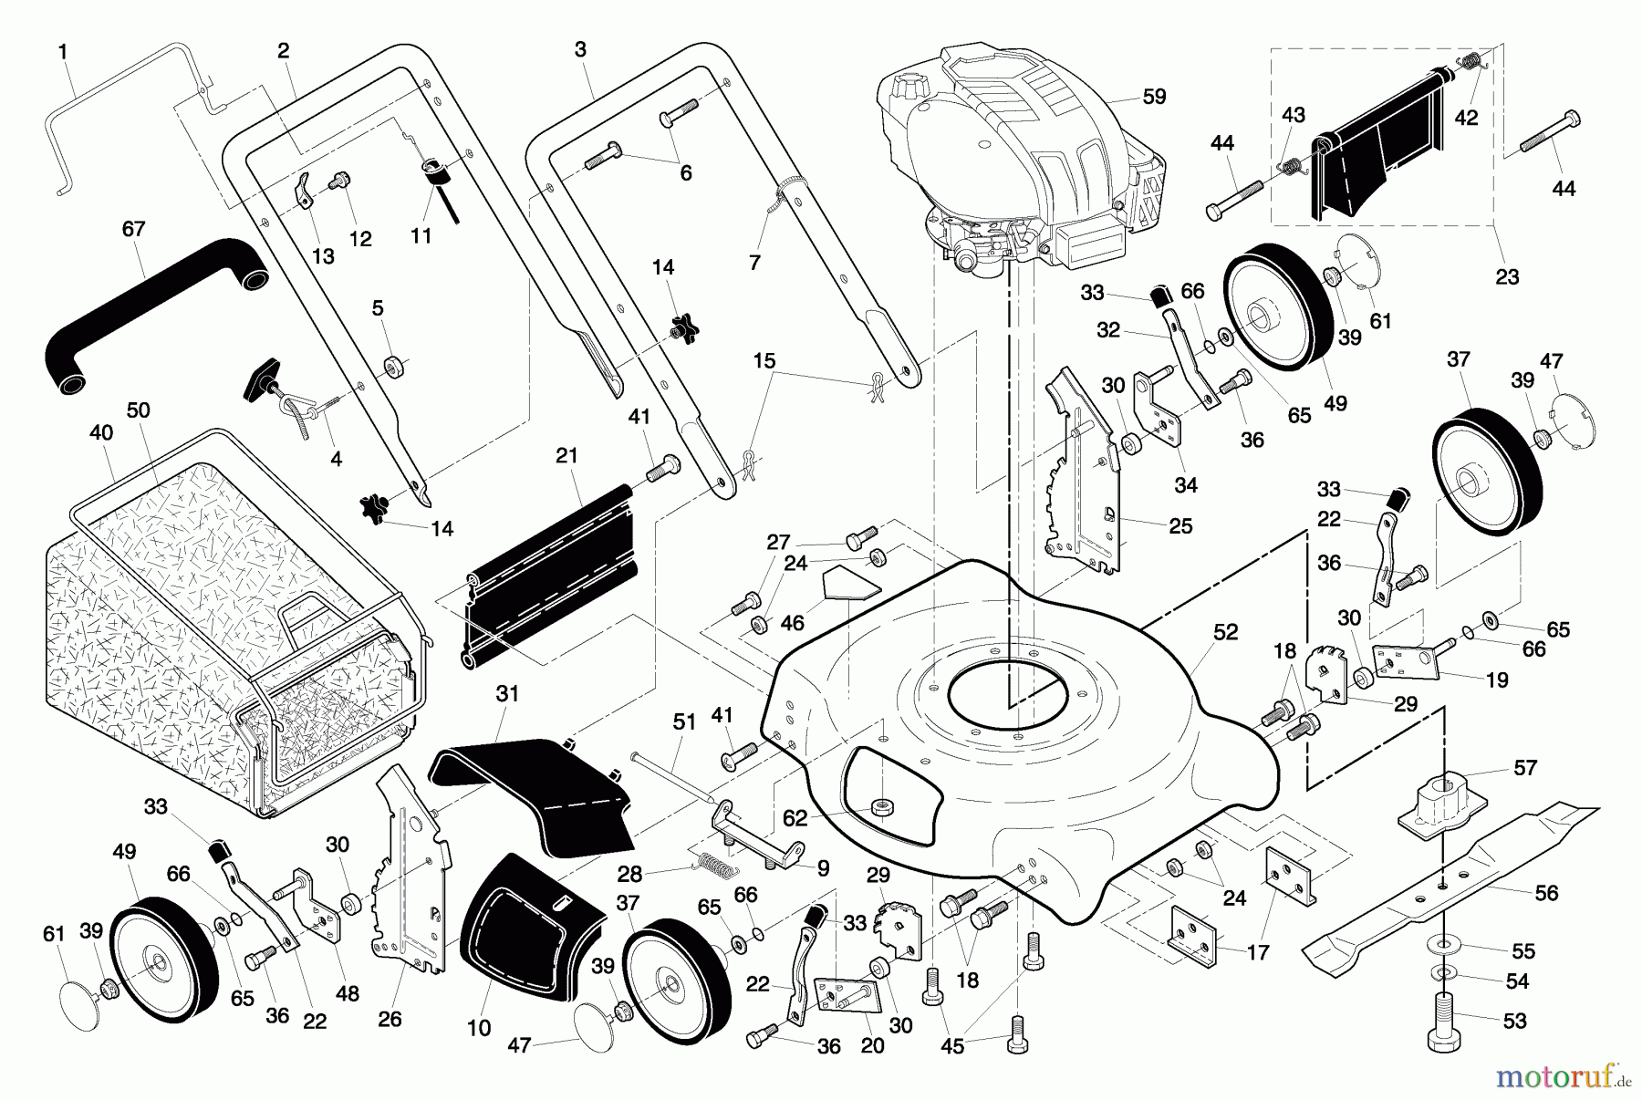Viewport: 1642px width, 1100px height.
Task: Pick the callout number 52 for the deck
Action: [x=1225, y=632]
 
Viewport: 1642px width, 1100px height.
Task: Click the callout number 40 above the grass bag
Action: [x=101, y=433]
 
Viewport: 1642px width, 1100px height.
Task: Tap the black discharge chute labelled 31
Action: [x=538, y=784]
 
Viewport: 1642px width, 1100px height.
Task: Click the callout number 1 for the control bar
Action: [x=63, y=52]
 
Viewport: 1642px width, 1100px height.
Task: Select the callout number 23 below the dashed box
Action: [x=1507, y=276]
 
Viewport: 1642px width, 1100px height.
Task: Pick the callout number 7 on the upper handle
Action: [x=754, y=263]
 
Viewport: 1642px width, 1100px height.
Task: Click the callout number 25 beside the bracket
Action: [x=1180, y=526]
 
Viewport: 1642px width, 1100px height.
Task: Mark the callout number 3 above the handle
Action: [x=581, y=50]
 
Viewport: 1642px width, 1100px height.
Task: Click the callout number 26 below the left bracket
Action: [x=390, y=1019]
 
